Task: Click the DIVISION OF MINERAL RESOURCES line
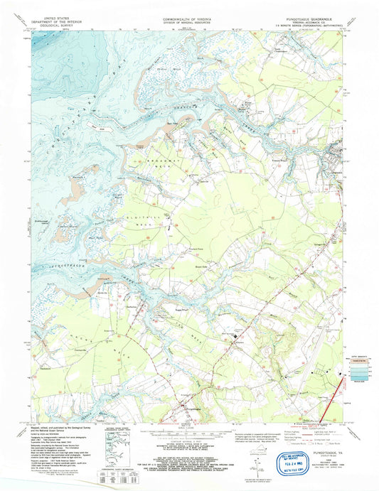[x=189, y=21]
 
